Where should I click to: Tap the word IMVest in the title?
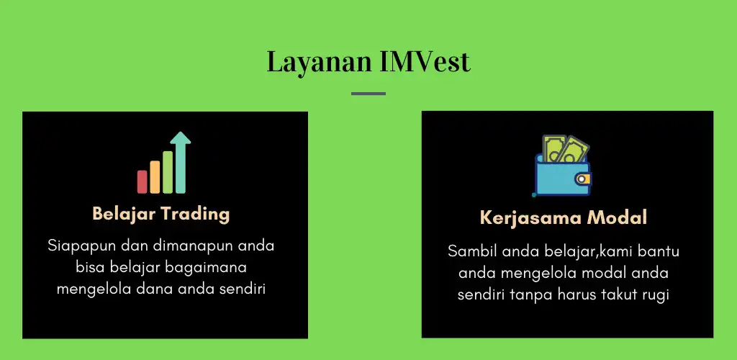[x=425, y=62]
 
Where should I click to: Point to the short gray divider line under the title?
[x=368, y=94]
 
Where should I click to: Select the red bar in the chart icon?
[x=143, y=181]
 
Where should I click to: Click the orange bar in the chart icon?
[x=155, y=176]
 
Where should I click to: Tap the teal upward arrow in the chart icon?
[x=181, y=162]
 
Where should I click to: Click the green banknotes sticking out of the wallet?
[x=565, y=150]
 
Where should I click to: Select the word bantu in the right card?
[x=656, y=252]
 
